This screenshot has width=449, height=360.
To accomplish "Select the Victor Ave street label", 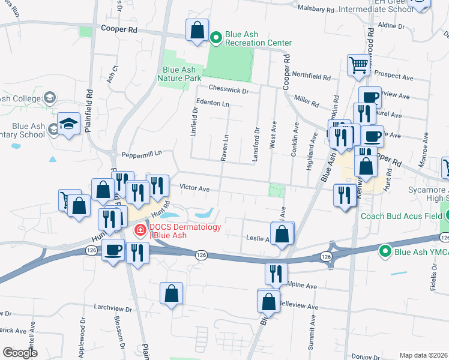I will tap(194, 189).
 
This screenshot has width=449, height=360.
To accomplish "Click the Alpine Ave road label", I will tap(302, 286).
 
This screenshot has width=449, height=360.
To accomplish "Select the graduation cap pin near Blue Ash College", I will tap(69, 124).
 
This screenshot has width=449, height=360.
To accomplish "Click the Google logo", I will tap(20, 353).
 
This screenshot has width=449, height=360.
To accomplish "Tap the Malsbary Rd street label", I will tap(316, 10).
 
